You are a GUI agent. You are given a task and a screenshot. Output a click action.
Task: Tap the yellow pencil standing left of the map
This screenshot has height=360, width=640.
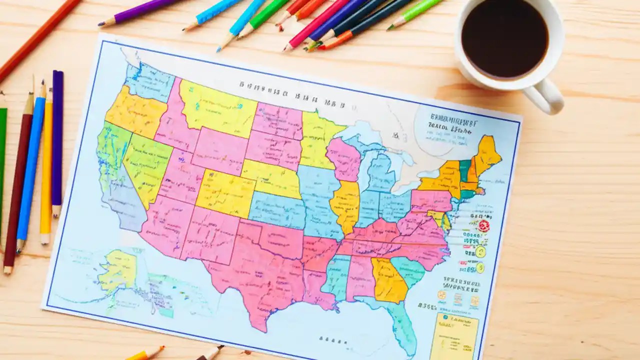46,165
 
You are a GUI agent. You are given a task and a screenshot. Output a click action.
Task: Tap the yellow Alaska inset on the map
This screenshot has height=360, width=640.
119,270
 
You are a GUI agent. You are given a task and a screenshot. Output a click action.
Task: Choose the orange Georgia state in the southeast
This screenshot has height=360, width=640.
388,280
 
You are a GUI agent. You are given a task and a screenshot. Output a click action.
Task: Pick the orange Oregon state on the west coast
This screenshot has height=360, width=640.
134,112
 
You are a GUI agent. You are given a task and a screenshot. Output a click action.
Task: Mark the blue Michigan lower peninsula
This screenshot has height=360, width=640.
381,172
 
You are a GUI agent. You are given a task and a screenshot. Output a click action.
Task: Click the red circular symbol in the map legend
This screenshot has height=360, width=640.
483,225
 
